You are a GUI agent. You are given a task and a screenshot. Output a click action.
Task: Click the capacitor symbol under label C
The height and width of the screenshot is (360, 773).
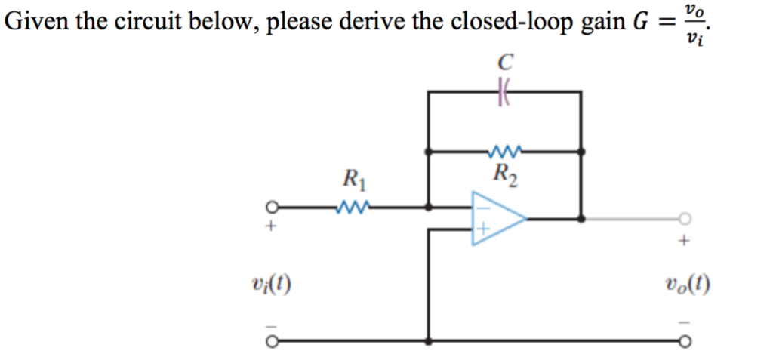pos(504,91)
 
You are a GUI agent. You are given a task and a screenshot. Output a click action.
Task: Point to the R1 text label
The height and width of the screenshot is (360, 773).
pos(353,180)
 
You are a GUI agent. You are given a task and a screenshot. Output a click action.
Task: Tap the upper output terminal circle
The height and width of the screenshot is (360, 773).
pos(684,219)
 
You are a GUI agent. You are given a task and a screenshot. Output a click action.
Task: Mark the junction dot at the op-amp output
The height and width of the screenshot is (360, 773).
pos(581,219)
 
